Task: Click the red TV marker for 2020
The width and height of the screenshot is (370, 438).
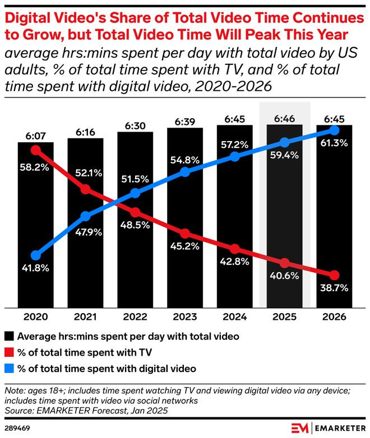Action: coord(36,150)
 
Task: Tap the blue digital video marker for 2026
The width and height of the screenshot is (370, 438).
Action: coord(334,130)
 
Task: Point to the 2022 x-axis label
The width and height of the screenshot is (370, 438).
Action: coord(136,316)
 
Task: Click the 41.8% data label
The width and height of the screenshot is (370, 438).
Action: coord(35,268)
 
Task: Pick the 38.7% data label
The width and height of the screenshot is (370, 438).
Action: coord(335,289)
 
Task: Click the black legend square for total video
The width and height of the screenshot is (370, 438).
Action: coord(10,337)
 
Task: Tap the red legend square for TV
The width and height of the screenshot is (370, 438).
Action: coord(10,353)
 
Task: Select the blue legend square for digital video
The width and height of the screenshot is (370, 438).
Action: coord(10,369)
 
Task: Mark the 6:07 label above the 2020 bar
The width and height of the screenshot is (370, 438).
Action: coord(35,135)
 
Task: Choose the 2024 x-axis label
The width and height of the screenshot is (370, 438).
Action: coord(235,316)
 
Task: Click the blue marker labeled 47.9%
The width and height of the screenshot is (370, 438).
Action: coord(86,216)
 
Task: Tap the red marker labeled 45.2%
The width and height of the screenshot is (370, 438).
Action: coord(185,233)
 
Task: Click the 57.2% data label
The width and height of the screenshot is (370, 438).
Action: coord(235,145)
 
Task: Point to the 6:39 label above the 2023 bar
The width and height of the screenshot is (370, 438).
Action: coord(185,123)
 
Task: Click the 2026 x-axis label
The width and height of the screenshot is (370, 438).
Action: coord(335,316)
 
